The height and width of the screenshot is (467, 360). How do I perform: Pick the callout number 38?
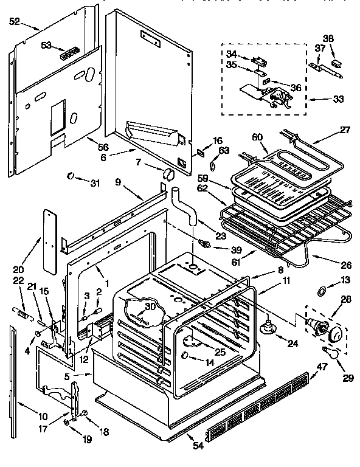328,38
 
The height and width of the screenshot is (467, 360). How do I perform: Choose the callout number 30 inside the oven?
150,306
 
